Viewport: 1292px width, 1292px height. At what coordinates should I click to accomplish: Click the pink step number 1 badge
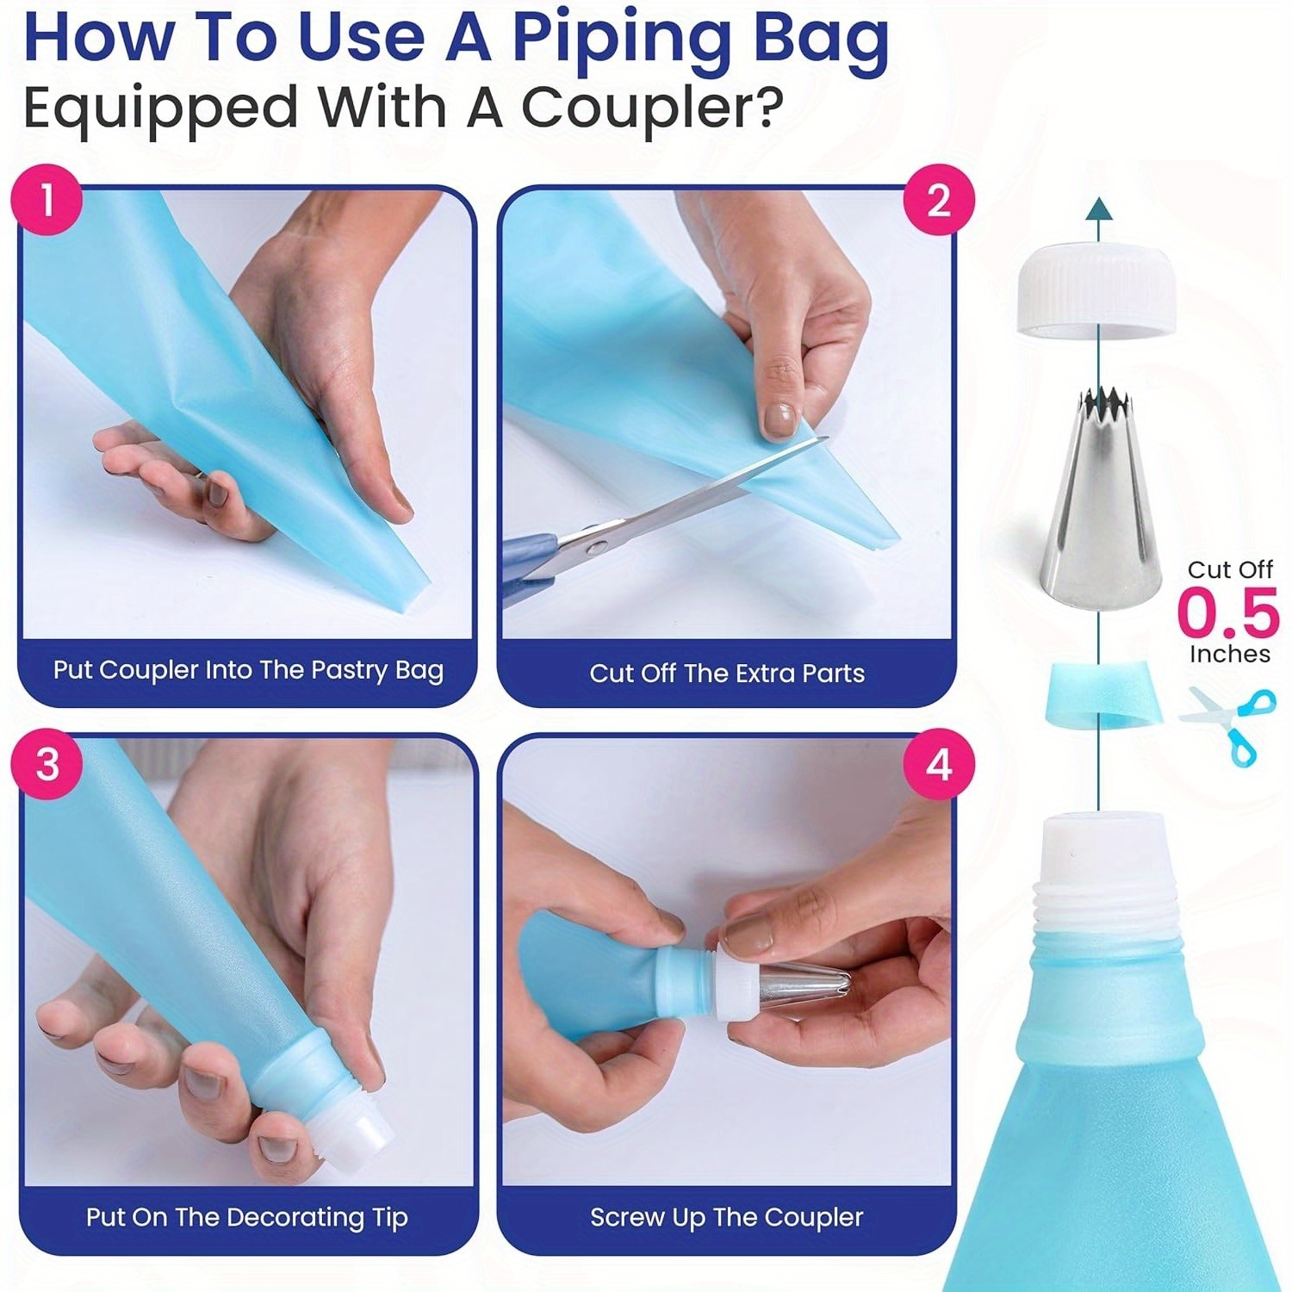(47, 200)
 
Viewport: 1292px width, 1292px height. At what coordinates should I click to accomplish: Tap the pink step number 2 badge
(939, 200)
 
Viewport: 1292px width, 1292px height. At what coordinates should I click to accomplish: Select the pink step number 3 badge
(47, 764)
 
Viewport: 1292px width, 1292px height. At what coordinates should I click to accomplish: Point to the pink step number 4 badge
(939, 764)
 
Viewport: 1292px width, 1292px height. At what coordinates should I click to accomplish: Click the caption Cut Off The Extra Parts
(727, 673)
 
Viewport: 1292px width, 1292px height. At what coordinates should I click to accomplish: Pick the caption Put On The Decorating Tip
(247, 1218)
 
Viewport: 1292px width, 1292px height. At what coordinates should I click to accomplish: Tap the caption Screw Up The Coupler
(726, 1217)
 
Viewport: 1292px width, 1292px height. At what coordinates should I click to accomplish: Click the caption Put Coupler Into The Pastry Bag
(248, 670)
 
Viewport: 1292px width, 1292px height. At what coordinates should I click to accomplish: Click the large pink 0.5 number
(1228, 612)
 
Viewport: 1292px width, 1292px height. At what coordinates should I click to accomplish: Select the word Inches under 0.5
(1230, 654)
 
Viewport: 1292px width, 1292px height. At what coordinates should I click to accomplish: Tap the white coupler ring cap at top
(1097, 290)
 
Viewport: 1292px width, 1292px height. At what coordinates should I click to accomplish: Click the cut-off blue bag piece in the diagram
(1100, 693)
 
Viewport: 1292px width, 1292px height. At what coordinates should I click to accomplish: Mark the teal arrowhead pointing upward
(1098, 208)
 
